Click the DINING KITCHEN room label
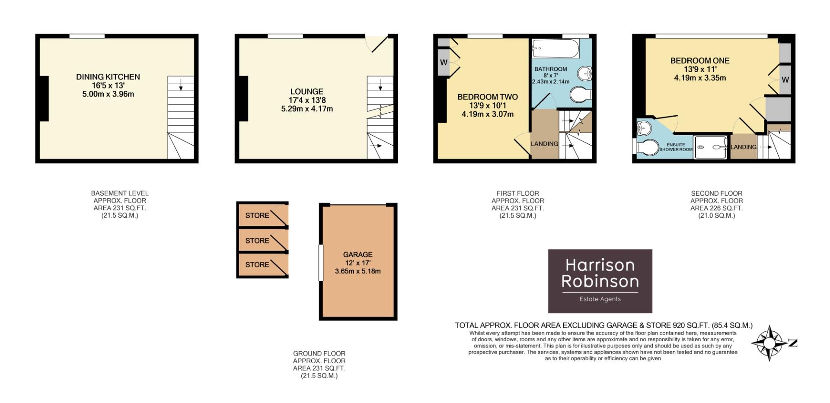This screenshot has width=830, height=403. (x=108, y=77)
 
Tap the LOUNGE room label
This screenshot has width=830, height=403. (x=306, y=92)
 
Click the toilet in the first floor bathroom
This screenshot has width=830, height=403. (x=580, y=95)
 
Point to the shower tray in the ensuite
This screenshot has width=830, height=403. (x=711, y=147)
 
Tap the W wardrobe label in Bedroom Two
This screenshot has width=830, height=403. (x=444, y=63)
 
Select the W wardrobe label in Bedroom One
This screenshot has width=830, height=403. (x=785, y=79)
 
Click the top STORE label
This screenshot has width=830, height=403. (x=257, y=216)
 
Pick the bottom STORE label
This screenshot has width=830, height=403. (x=257, y=264)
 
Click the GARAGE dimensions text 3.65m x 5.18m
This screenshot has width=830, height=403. (x=358, y=271)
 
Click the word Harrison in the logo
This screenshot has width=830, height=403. (x=600, y=265)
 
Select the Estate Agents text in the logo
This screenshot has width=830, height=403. (x=600, y=299)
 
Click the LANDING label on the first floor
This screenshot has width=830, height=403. (x=544, y=144)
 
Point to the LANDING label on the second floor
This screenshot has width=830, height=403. (x=744, y=147)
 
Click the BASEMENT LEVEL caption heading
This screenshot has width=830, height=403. (x=120, y=193)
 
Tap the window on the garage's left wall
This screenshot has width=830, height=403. (x=321, y=263)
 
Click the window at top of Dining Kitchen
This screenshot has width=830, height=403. (x=87, y=36)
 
